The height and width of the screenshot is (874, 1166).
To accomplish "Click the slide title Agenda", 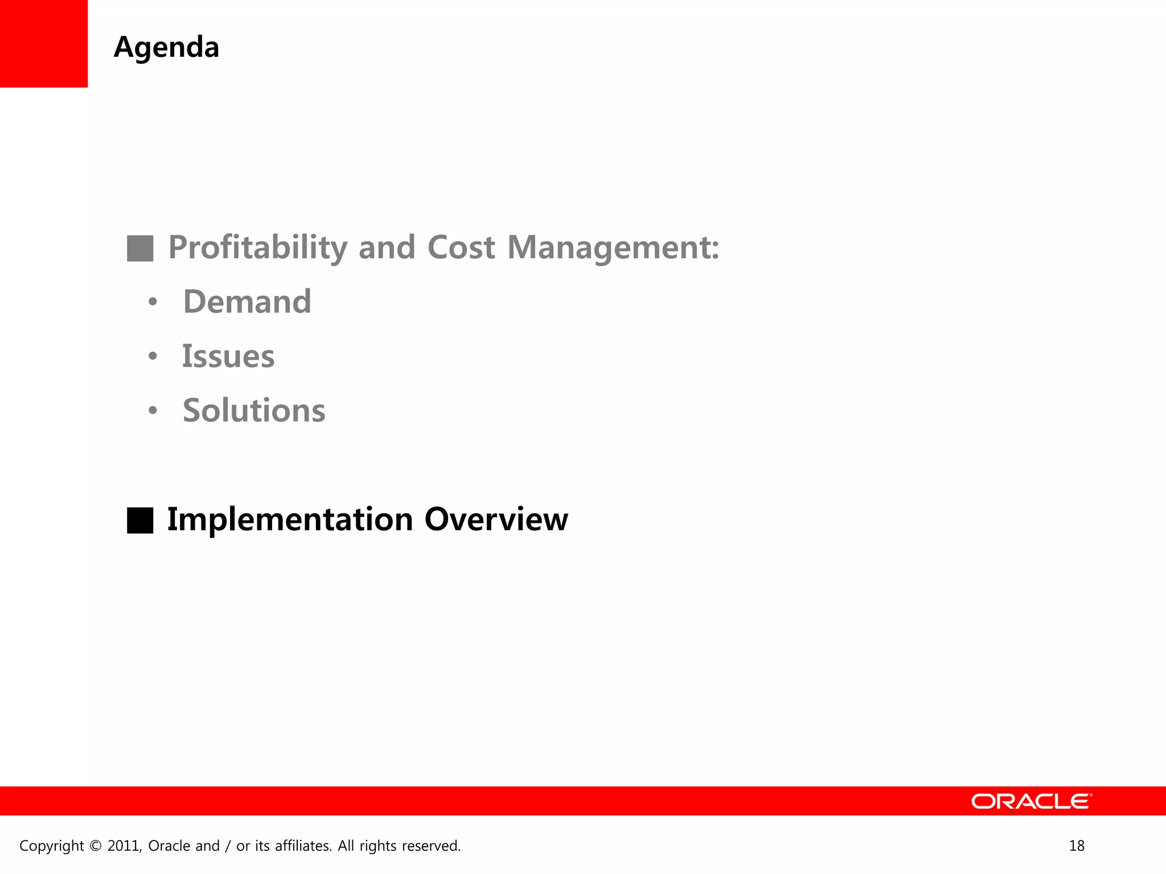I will point(166,48).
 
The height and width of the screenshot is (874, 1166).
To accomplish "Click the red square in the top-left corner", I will point(44,44).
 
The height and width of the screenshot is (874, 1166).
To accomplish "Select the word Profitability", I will point(257,248).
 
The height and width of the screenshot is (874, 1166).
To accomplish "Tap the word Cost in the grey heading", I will point(461,248).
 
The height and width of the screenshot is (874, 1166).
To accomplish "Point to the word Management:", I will point(613,248).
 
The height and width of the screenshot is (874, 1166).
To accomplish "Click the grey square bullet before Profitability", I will point(140,249).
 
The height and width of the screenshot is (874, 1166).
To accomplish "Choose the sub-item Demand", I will point(247,302).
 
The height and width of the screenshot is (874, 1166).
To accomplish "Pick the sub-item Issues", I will point(228,357).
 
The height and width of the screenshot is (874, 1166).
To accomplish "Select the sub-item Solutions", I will point(254,411).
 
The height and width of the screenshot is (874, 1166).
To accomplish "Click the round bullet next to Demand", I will point(153,302).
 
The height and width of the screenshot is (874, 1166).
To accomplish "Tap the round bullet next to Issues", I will point(153,357).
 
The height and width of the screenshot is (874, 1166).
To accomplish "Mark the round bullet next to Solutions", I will point(153,411).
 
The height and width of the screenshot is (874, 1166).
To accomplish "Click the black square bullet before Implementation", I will point(140,520).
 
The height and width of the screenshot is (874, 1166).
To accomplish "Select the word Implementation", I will point(290,520).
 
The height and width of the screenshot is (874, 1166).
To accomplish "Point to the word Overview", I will point(496,520).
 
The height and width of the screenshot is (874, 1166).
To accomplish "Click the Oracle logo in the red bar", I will point(1031,801).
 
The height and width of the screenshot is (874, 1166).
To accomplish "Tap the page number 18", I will point(1077,846).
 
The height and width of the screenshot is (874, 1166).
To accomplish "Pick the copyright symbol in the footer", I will point(95,846).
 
